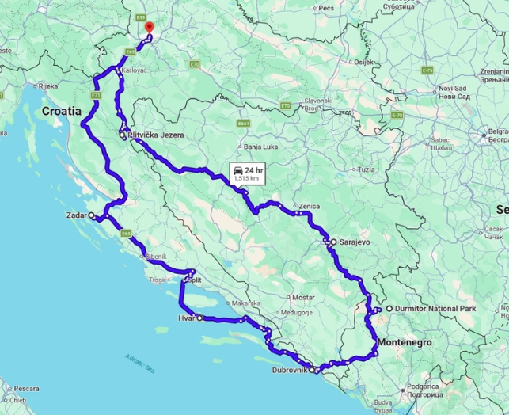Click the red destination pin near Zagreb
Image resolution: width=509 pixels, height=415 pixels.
click(148, 29)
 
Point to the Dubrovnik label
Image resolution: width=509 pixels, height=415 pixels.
click(289, 370)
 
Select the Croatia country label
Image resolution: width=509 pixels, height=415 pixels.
click(62, 112)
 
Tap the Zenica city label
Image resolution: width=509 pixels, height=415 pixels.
click(310, 206)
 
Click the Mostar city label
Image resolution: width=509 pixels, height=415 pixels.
click(303, 297)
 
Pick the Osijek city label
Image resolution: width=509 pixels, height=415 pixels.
click(363, 61)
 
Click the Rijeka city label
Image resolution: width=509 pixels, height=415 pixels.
click(48, 86)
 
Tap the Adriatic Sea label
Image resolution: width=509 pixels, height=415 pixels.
click(141, 363)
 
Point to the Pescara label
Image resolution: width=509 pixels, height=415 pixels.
click(27, 389)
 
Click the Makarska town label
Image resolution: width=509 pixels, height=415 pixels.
click(246, 303)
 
